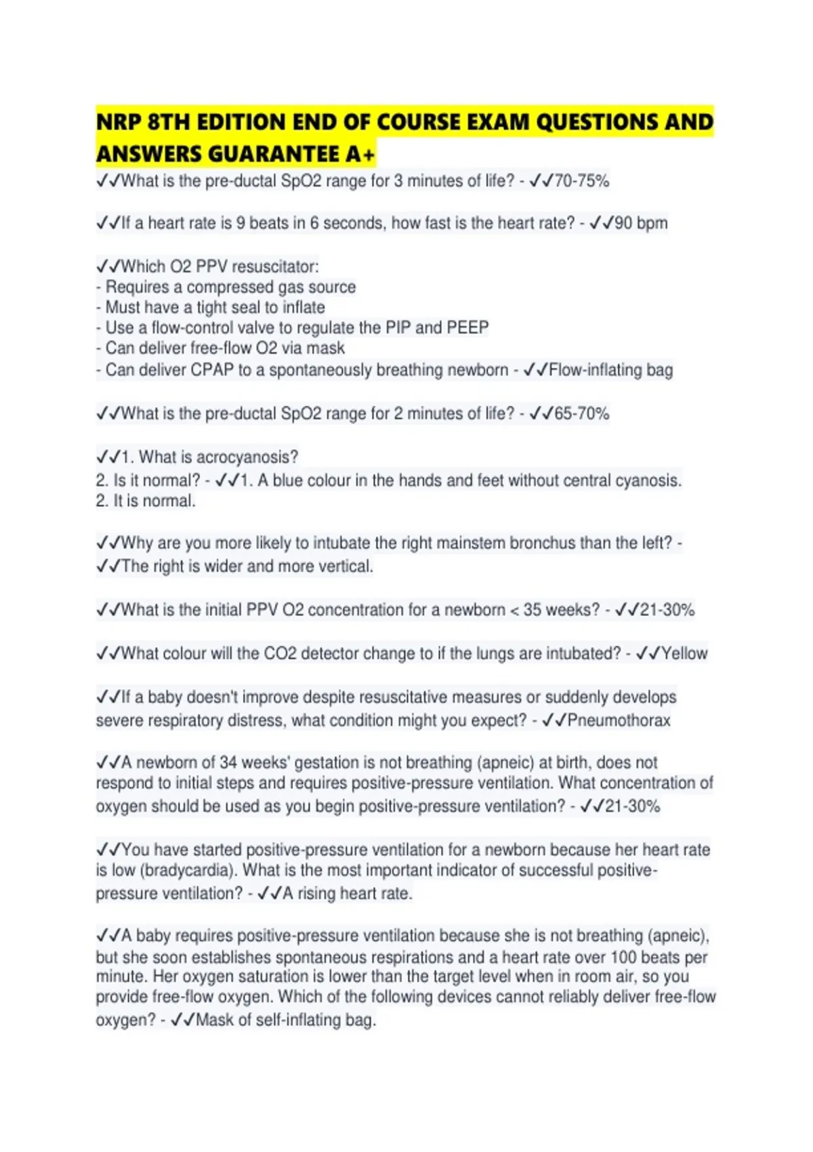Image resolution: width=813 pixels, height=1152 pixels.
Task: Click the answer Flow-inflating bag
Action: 610,370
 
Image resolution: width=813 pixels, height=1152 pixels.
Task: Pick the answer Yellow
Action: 684,653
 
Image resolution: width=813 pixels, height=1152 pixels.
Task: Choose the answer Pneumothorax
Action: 618,720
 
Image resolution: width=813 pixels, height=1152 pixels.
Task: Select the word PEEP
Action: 467,328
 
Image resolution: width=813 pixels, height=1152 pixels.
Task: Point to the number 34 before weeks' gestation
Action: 228,762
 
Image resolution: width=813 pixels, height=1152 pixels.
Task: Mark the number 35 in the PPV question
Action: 532,610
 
